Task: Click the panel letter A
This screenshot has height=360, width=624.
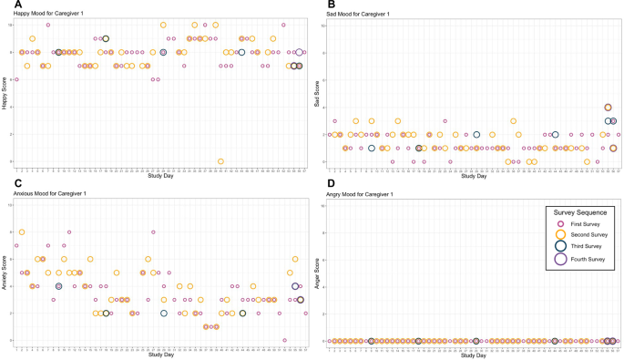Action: (x=6, y=5)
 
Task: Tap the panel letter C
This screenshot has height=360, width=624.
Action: (x=6, y=185)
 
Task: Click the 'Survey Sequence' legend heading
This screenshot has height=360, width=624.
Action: (x=579, y=212)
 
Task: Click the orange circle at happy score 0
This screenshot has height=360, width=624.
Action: (x=221, y=161)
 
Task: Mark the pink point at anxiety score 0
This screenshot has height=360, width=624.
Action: (x=285, y=340)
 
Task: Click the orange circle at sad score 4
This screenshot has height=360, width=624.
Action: (x=609, y=108)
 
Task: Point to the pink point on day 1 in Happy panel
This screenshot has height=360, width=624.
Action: (x=16, y=80)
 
